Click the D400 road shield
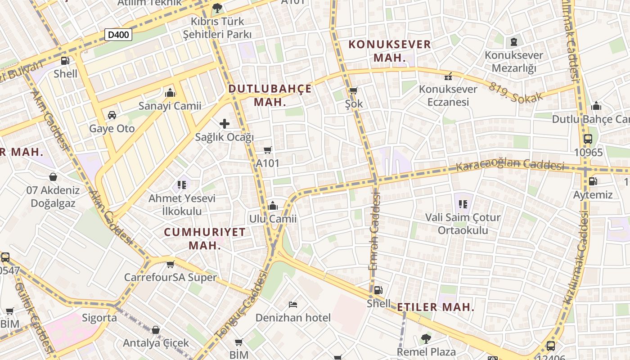coord(118,34)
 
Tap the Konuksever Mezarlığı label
coord(514,62)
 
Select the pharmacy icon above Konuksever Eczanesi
coord(448,76)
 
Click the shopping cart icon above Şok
coord(353,91)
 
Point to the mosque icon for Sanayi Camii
coord(170,93)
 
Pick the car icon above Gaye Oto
coord(112,115)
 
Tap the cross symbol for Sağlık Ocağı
coord(225,124)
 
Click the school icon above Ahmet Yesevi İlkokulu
coord(182,184)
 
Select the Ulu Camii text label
coord(273,219)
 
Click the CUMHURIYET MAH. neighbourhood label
coord(205,238)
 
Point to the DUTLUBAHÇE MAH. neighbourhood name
coord(270,95)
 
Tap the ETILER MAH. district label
coord(436,307)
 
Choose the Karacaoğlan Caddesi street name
coord(510,165)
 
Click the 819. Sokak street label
coord(516,93)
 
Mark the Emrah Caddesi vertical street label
coord(375,232)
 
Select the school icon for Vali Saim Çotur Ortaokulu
coord(463,204)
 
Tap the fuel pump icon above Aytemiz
coord(593,182)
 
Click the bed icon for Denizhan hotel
coord(293,305)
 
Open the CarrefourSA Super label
coord(171,277)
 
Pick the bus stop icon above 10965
coord(588,139)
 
